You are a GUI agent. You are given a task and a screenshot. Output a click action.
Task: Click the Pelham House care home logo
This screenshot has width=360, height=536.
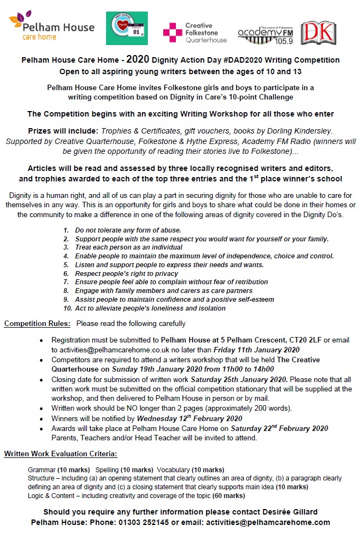51,28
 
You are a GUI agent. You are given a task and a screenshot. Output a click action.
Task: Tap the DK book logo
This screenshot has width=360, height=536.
318,33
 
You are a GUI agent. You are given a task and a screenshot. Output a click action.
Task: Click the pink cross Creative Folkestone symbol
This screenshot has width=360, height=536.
172,32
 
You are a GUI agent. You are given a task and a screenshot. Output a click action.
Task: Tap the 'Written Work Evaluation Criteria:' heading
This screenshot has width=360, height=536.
60,454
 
